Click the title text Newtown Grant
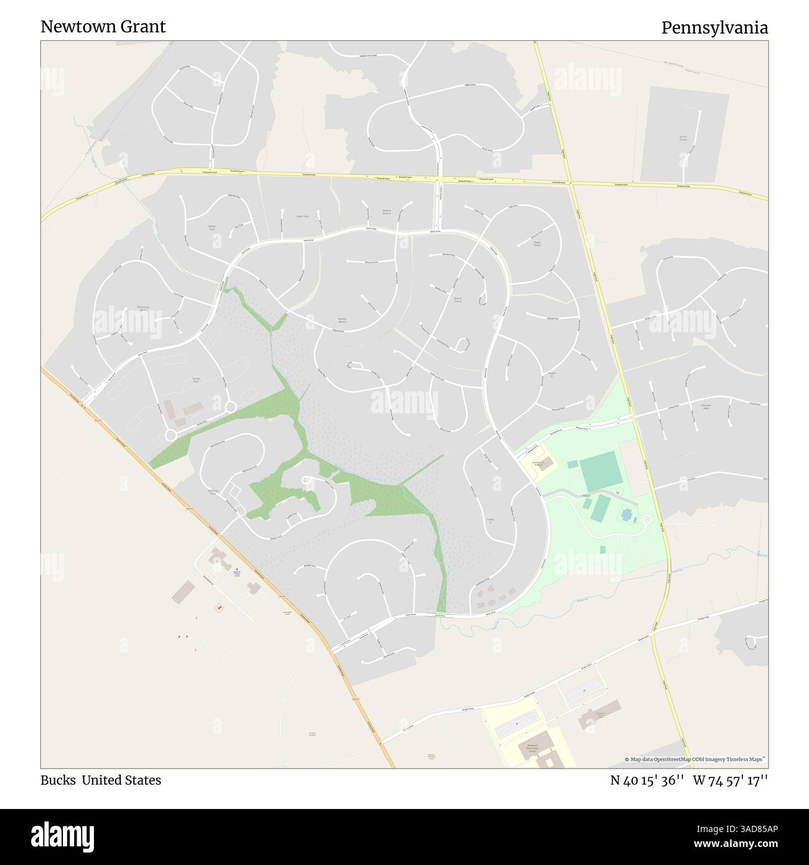pos(103,27)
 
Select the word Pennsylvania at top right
pos(714,28)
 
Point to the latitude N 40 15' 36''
pos(648,780)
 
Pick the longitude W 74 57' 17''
pos(731,780)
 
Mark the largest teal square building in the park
pos(601,472)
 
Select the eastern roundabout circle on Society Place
pos(230,407)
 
